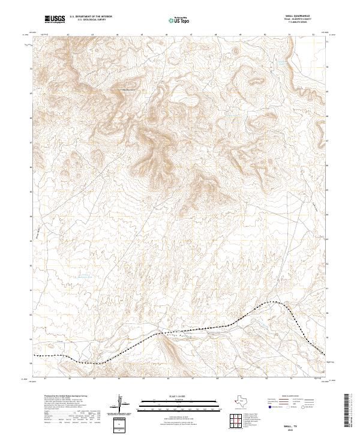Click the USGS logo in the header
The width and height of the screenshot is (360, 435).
(x=55, y=20)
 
